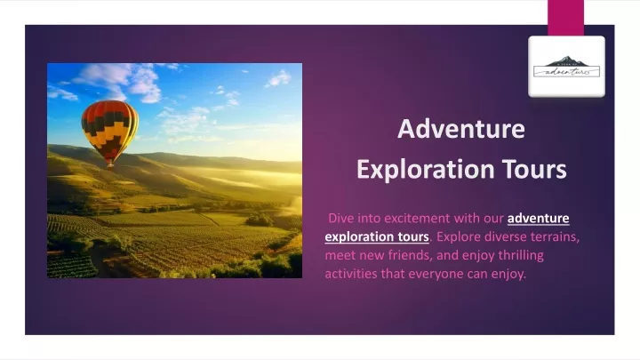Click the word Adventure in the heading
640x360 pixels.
tap(461, 129)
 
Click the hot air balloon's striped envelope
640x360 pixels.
tap(109, 130)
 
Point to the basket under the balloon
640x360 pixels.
tap(110, 164)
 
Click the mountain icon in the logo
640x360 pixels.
tap(566, 61)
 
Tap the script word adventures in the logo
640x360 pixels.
tap(567, 72)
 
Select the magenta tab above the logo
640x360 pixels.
tap(565, 18)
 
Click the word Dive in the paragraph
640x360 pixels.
tap(341, 218)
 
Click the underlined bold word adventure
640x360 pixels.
tap(539, 219)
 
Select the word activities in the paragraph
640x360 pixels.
tap(351, 274)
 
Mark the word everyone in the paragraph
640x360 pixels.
tap(436, 274)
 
